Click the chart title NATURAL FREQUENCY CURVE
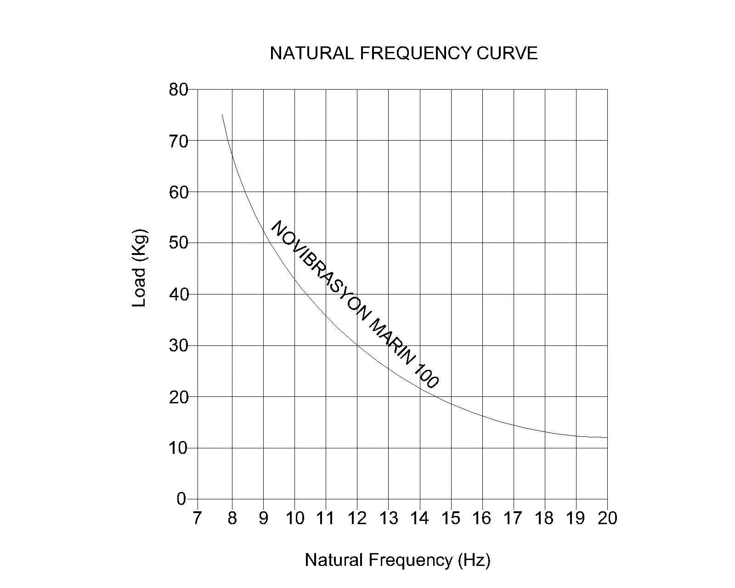click(x=403, y=53)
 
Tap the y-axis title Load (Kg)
click(x=139, y=268)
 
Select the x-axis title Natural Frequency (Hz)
click(x=397, y=560)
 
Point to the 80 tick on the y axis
click(x=178, y=90)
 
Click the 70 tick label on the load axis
click(x=178, y=141)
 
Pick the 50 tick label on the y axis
click(x=178, y=243)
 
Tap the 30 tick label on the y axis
click(x=178, y=345)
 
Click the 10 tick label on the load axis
click(x=178, y=448)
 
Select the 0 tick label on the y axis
click(x=181, y=499)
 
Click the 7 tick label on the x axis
click(x=197, y=518)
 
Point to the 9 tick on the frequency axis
click(x=263, y=518)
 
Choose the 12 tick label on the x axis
click(x=357, y=518)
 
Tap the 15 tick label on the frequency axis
click(x=451, y=518)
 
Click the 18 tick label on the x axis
click(x=544, y=518)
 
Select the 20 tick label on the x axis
click(x=607, y=518)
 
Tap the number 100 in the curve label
click(x=427, y=375)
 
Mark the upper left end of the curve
click(x=222, y=115)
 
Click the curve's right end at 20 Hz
click(x=607, y=437)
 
